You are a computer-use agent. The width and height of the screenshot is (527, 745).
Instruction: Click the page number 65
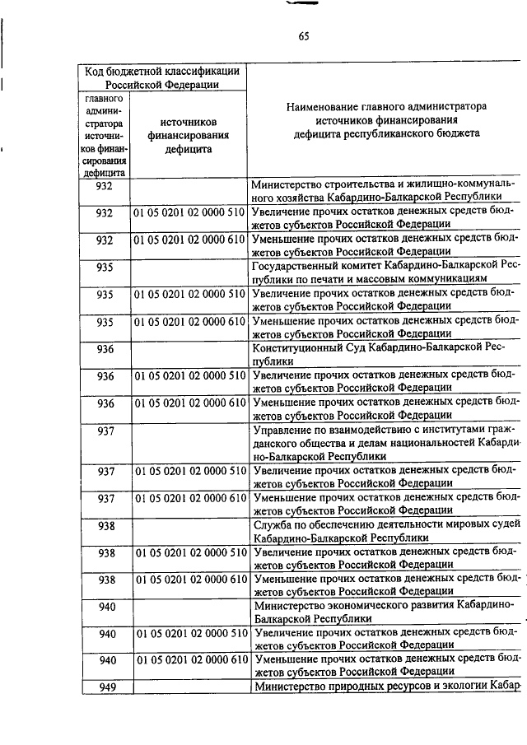coord(303,35)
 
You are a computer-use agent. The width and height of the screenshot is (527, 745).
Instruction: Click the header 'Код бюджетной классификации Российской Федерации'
coord(162,77)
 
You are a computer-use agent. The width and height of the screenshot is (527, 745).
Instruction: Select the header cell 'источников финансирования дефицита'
coord(188,134)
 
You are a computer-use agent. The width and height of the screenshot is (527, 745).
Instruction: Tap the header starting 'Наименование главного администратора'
coord(386,119)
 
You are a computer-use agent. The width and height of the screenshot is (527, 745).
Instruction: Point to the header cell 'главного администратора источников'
coord(104,136)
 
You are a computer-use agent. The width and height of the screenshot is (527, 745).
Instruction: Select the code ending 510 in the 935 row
coord(189,294)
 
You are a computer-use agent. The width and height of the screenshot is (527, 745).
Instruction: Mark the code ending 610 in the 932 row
coord(189,240)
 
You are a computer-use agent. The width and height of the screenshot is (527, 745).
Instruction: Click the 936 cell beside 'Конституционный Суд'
coord(105,349)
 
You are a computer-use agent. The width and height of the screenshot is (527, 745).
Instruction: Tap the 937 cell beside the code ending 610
coord(105,500)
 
